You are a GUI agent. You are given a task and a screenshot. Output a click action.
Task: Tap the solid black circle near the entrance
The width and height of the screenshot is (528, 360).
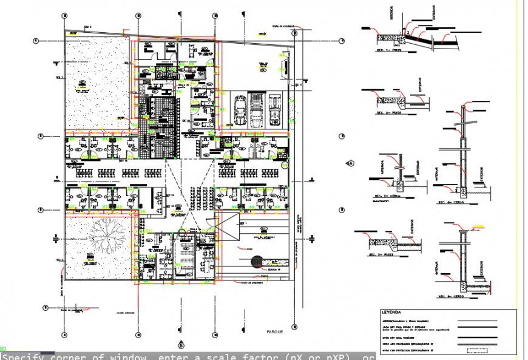click(255, 263)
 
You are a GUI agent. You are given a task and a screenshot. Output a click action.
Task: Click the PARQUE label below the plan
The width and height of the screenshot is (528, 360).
click(274, 332)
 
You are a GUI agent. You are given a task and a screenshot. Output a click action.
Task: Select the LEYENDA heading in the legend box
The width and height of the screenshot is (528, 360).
click(391, 311)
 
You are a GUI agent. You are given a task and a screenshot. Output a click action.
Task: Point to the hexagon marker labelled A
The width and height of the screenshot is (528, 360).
click(350, 163)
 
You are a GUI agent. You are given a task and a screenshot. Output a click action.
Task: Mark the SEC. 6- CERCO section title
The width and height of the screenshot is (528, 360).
click(452, 296)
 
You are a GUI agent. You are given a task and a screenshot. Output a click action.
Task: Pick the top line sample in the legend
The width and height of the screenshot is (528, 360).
click(479, 322)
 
